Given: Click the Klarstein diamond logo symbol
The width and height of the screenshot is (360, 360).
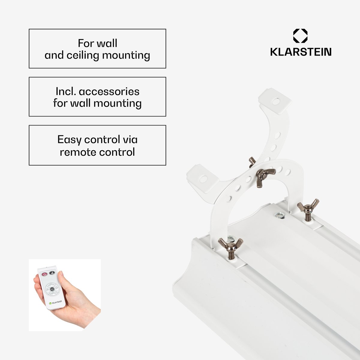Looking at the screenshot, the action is coord(300,36).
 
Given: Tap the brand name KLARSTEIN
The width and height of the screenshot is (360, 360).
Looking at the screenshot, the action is coord(301,52).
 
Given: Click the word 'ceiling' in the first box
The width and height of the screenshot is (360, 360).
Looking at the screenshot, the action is coord(83,55).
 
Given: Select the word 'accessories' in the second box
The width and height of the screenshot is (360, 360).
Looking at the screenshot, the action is coord(109,91).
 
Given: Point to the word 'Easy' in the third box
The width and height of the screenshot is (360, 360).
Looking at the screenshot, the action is coord(70,140).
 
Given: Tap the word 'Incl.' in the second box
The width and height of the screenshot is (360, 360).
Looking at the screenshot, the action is coord(66,91).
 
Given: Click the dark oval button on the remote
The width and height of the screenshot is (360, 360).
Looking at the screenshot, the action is coord(52,273).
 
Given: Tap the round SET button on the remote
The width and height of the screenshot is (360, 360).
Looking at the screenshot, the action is coord(52,289).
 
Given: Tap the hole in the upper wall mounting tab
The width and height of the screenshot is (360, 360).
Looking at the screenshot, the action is coord(276,102).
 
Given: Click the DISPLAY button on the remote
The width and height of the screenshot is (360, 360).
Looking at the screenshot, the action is coord(53,293).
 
